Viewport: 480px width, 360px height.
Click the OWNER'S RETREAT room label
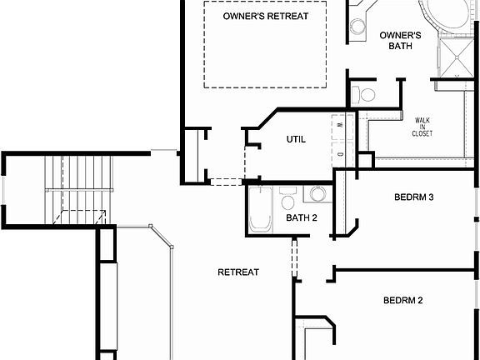(266, 16)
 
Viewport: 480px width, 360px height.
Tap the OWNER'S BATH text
(400, 40)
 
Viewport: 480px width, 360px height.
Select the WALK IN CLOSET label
(422, 127)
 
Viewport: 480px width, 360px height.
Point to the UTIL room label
(296, 139)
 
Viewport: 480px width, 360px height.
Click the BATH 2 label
(302, 218)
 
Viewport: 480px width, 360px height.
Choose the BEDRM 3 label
(414, 197)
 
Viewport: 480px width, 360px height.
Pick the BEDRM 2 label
(403, 300)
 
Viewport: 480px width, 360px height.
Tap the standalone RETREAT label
(238, 272)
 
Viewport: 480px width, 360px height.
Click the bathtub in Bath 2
(261, 209)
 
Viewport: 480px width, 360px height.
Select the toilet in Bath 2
(288, 200)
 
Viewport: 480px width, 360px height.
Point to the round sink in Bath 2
(317, 194)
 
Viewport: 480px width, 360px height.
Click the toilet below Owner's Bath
(364, 93)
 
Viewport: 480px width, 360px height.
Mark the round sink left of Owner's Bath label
(357, 26)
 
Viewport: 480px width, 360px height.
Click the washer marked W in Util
(342, 124)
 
